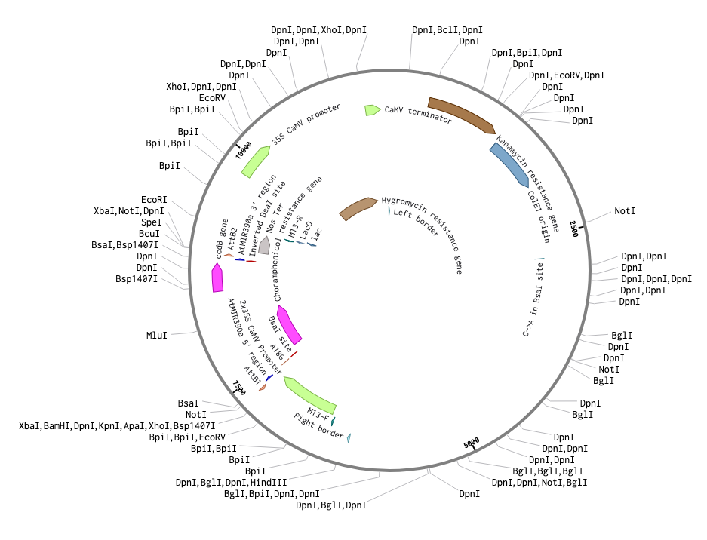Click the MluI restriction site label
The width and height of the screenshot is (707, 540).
tap(156, 333)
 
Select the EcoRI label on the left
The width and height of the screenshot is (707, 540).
tap(154, 199)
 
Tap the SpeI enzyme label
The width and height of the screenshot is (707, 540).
tap(152, 222)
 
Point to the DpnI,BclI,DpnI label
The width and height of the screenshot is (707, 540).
tap(447, 30)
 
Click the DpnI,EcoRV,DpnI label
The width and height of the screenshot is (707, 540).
tap(567, 75)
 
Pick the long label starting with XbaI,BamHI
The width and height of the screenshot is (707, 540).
tap(122, 426)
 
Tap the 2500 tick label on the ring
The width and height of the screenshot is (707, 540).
tap(574, 229)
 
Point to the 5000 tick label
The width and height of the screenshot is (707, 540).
tap(472, 443)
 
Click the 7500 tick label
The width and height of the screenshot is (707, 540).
tap(239, 388)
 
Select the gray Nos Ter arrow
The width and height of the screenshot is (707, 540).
tap(264, 244)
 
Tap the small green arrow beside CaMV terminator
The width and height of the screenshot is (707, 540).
tap(372, 110)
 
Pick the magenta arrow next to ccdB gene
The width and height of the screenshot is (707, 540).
tap(217, 278)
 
